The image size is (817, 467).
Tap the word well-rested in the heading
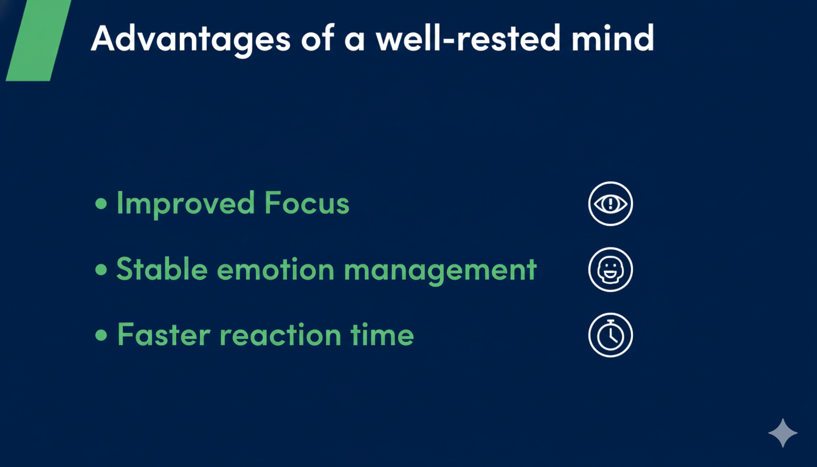[x=468, y=38]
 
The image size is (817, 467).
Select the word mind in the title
[x=613, y=38]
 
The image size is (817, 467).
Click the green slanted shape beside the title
[x=38, y=40]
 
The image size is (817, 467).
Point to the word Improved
[x=185, y=204]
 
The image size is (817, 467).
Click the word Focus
[x=307, y=202]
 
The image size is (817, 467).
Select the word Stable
[x=162, y=269]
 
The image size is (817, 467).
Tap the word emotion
[x=276, y=269]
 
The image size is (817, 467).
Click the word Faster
[x=164, y=334]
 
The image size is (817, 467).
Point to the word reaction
[x=280, y=335]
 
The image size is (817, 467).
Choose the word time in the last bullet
[x=382, y=334]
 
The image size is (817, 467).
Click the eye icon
[x=610, y=204]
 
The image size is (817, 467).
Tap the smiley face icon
[x=610, y=269]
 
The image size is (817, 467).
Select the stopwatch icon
[x=610, y=335]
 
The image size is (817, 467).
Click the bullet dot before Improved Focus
[x=101, y=204]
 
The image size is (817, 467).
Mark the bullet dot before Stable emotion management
[x=101, y=269]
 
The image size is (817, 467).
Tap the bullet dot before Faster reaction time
[x=101, y=335]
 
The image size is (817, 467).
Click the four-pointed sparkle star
[x=783, y=433]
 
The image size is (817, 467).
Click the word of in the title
[x=317, y=38]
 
